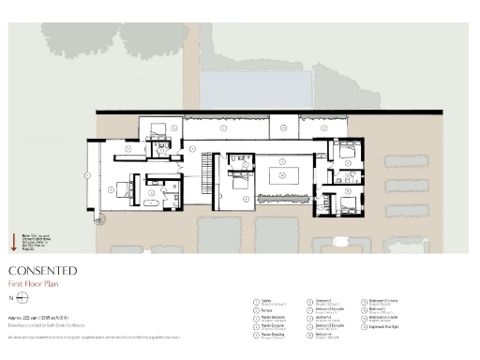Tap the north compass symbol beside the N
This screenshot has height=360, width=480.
click(x=21, y=297)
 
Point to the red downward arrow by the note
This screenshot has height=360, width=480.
click(x=12, y=247)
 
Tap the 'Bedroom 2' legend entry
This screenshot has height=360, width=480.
click(x=322, y=303)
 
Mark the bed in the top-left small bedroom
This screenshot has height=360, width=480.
click(x=157, y=127)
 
